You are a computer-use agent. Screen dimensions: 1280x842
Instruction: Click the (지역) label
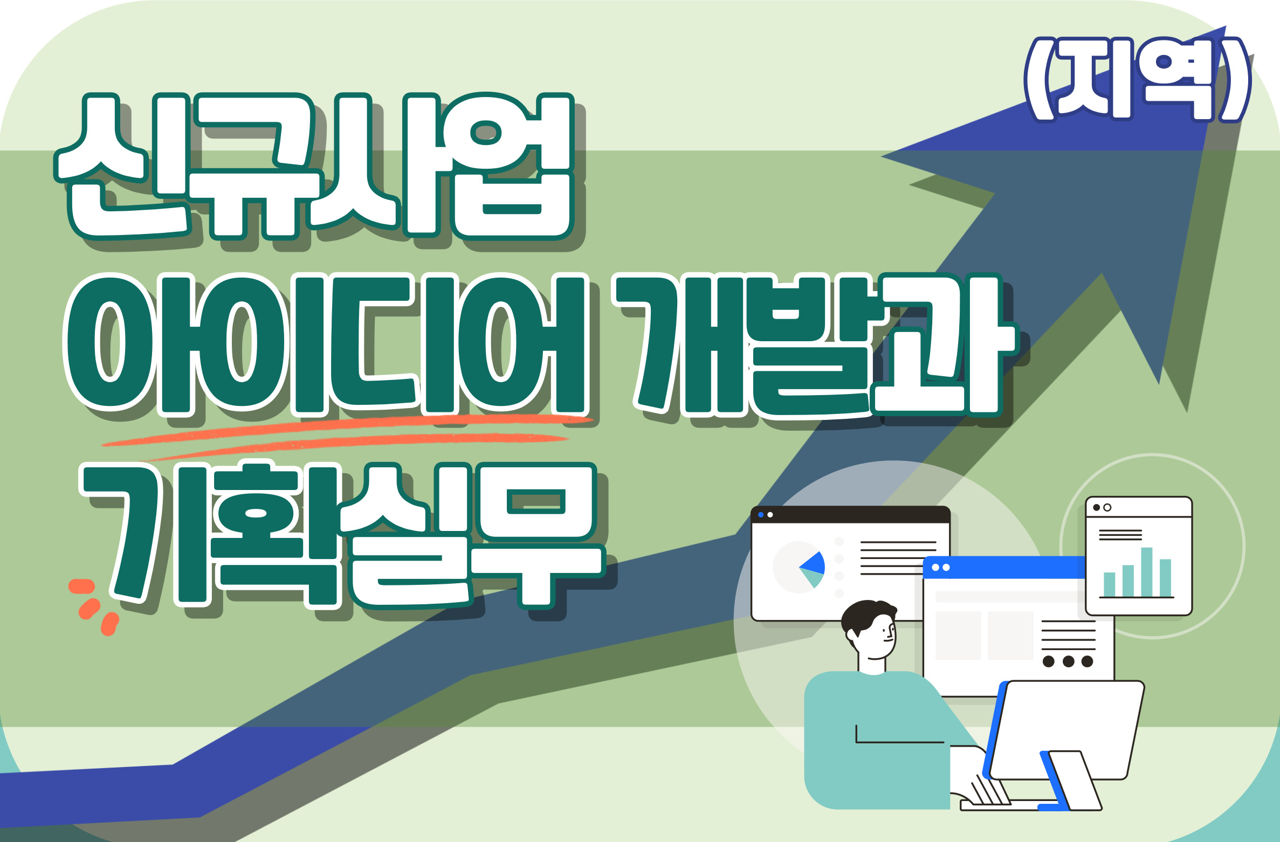pos(1138,79)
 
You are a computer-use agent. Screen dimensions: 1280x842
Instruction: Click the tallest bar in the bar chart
pos(1147,572)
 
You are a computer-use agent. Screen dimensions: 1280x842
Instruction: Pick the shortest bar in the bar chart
pos(1110,584)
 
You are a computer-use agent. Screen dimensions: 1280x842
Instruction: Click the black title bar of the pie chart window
pos(850,515)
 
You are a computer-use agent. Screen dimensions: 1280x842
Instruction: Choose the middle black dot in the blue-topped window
pos(1068,661)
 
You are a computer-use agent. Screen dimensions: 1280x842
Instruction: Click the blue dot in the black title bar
pos(761,515)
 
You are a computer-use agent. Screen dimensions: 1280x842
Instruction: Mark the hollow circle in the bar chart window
pos(1107,507)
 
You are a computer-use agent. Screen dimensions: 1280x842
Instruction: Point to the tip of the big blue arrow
pos(1226,26)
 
